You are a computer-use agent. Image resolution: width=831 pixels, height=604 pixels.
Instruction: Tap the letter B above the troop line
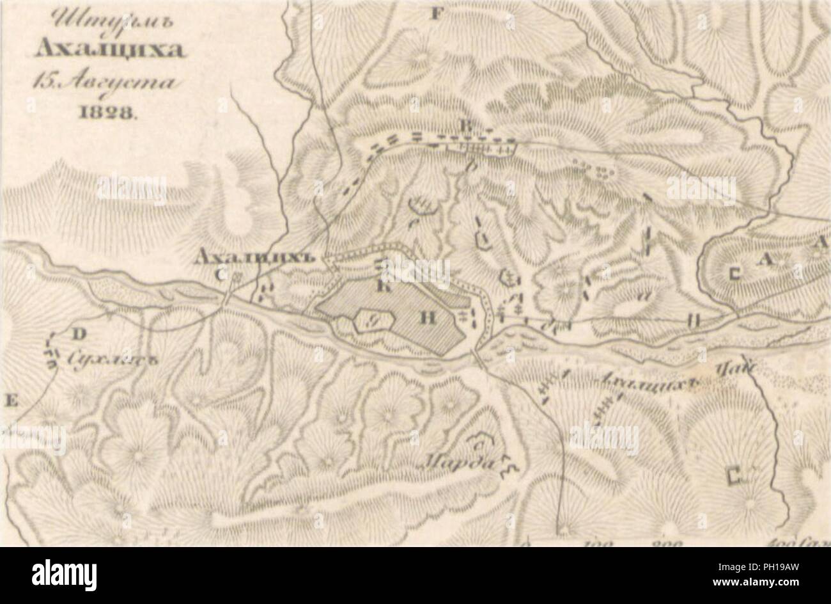(468, 126)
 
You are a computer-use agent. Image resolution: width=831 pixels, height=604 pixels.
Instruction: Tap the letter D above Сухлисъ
(80, 333)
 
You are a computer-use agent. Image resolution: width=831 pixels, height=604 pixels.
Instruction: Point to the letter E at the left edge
(11, 401)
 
